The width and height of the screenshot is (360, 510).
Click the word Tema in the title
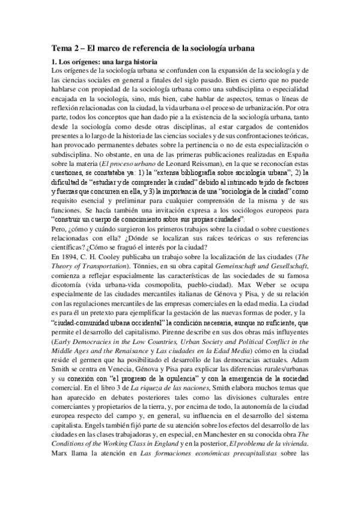(59, 47)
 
